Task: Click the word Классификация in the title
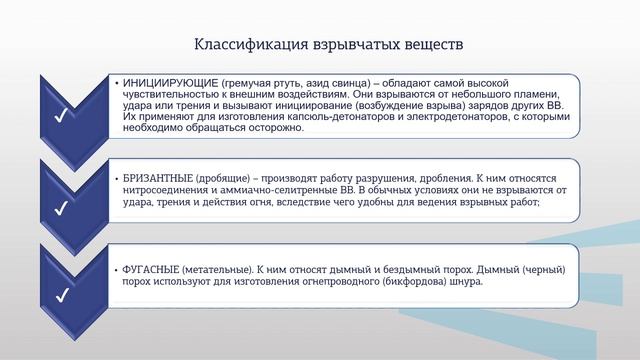coord(240,45)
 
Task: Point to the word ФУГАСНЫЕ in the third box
coord(151,270)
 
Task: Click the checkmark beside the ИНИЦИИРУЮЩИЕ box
coord(61,118)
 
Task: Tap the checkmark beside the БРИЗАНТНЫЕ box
coord(61,208)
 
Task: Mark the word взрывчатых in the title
coord(333,45)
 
